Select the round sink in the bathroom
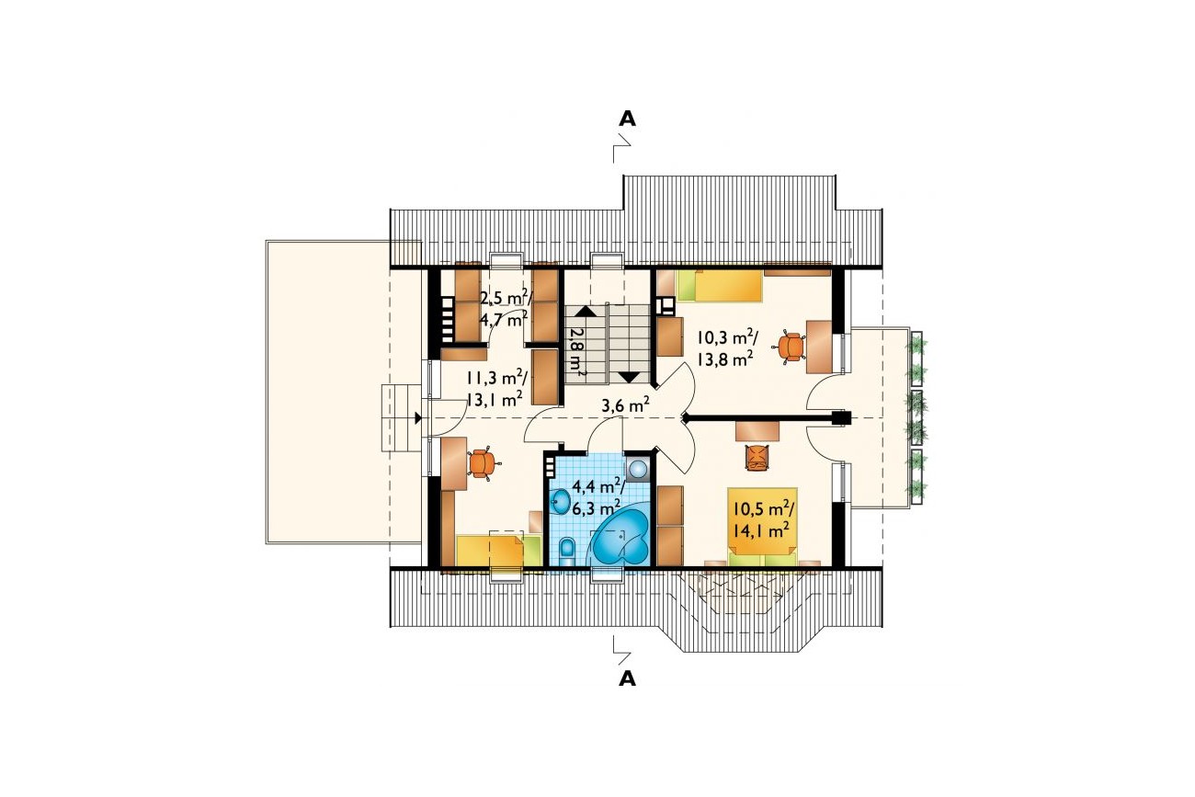561,500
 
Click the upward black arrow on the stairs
584,312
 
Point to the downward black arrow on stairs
630,377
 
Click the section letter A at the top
627,119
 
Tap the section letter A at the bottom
627,678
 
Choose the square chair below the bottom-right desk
757,457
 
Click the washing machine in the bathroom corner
638,469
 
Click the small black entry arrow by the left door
418,418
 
